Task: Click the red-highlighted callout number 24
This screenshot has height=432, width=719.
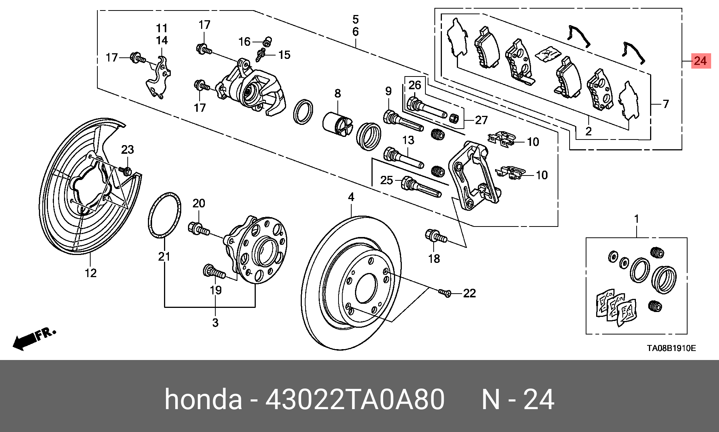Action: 700,61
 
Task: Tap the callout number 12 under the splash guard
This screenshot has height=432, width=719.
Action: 91,273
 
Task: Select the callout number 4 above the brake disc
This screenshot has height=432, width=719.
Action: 351,197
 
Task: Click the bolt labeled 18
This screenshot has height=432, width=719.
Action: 436,237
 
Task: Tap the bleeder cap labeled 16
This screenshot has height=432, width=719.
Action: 267,40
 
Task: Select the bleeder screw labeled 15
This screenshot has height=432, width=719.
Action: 261,55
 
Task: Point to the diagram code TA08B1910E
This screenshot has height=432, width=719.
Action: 671,348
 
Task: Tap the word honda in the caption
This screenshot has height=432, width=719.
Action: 203,400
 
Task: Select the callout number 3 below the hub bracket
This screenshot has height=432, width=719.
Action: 215,322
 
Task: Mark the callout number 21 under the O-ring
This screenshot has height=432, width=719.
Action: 164,257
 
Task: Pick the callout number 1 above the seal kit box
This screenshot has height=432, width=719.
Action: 636,219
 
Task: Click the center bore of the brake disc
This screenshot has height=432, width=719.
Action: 366,288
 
